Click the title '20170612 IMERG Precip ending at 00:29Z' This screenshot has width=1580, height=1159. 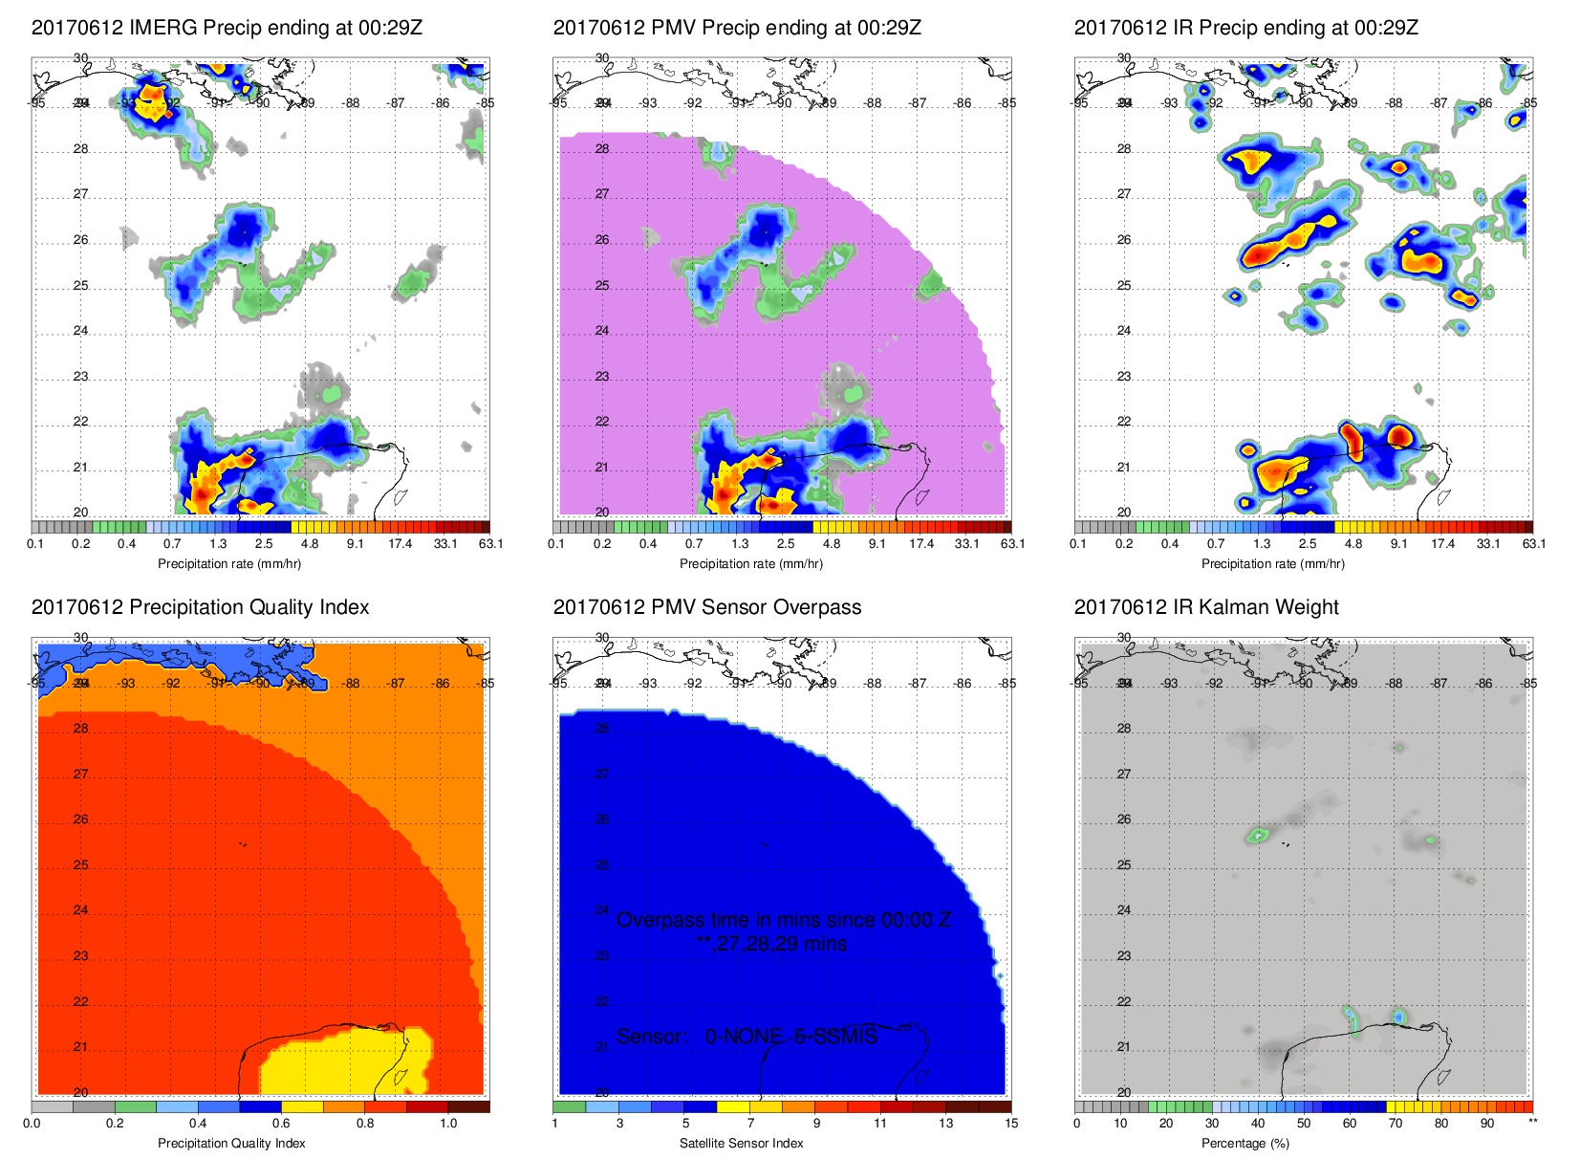click(x=227, y=28)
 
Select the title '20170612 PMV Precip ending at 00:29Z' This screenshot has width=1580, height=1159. click(x=737, y=28)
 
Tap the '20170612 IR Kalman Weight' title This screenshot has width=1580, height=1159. click(x=1206, y=607)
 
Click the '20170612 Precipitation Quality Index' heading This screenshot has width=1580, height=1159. click(x=200, y=607)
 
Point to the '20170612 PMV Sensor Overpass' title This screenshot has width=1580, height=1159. click(x=707, y=607)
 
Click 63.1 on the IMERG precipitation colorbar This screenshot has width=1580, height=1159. click(x=490, y=544)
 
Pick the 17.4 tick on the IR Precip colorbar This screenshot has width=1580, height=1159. click(x=1442, y=544)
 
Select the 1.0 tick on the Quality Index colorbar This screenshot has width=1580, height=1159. click(x=448, y=1124)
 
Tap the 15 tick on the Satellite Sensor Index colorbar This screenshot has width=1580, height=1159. click(x=1011, y=1124)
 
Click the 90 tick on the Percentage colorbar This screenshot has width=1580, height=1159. click(x=1487, y=1124)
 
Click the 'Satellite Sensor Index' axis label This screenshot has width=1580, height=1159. click(x=742, y=1144)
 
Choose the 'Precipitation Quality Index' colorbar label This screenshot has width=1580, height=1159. click(x=231, y=1144)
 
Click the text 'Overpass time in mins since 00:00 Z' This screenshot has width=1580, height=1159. click(x=783, y=920)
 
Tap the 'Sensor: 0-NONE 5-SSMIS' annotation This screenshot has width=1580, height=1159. click(x=747, y=1037)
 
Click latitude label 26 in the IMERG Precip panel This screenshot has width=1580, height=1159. click(x=81, y=240)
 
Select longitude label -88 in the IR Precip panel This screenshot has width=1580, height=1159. click(x=1395, y=103)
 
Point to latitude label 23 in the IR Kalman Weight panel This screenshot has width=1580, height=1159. click(x=1124, y=956)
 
